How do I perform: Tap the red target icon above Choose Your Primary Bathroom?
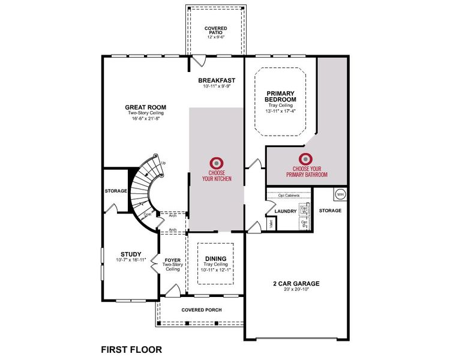point(307,159)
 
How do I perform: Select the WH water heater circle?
point(340,194)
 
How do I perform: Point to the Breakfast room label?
point(217,80)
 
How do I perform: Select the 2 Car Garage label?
point(296,284)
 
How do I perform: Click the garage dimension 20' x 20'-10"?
point(296,290)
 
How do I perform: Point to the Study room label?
point(130,254)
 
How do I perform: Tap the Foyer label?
point(172,260)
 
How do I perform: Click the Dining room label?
point(215,259)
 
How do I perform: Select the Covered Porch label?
point(201,310)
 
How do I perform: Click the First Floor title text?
point(131,349)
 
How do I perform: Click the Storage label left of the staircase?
point(115,191)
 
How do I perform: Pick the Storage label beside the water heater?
point(330,211)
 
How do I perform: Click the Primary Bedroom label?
point(281,96)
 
